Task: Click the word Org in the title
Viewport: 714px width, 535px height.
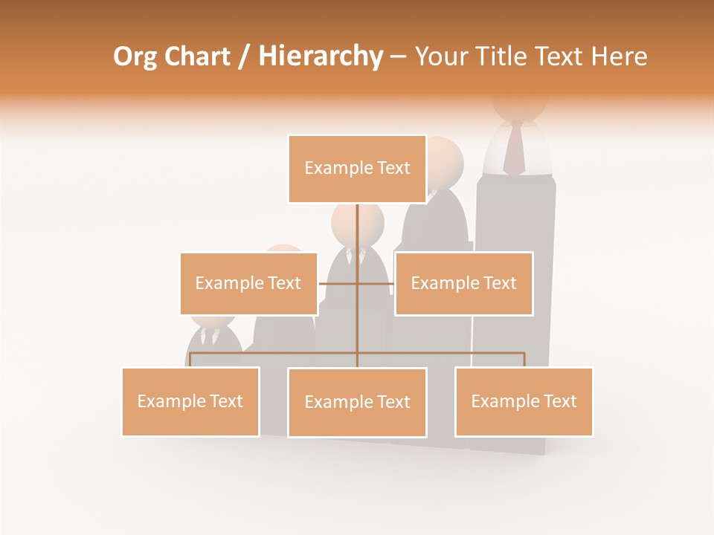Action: [134, 56]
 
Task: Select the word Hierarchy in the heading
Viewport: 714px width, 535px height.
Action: [321, 56]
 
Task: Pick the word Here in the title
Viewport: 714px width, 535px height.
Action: [619, 56]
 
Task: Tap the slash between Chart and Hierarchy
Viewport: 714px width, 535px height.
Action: [243, 57]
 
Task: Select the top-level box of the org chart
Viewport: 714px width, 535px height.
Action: [357, 169]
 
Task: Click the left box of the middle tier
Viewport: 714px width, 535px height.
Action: [248, 283]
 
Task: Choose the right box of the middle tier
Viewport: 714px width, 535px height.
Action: [463, 283]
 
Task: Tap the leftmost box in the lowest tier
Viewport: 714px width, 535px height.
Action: [190, 401]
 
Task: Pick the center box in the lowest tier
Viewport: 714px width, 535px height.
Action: [357, 402]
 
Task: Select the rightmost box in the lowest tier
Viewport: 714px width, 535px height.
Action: [524, 401]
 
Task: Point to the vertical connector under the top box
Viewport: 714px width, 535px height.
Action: [357, 238]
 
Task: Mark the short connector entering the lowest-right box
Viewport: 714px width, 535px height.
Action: [524, 360]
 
